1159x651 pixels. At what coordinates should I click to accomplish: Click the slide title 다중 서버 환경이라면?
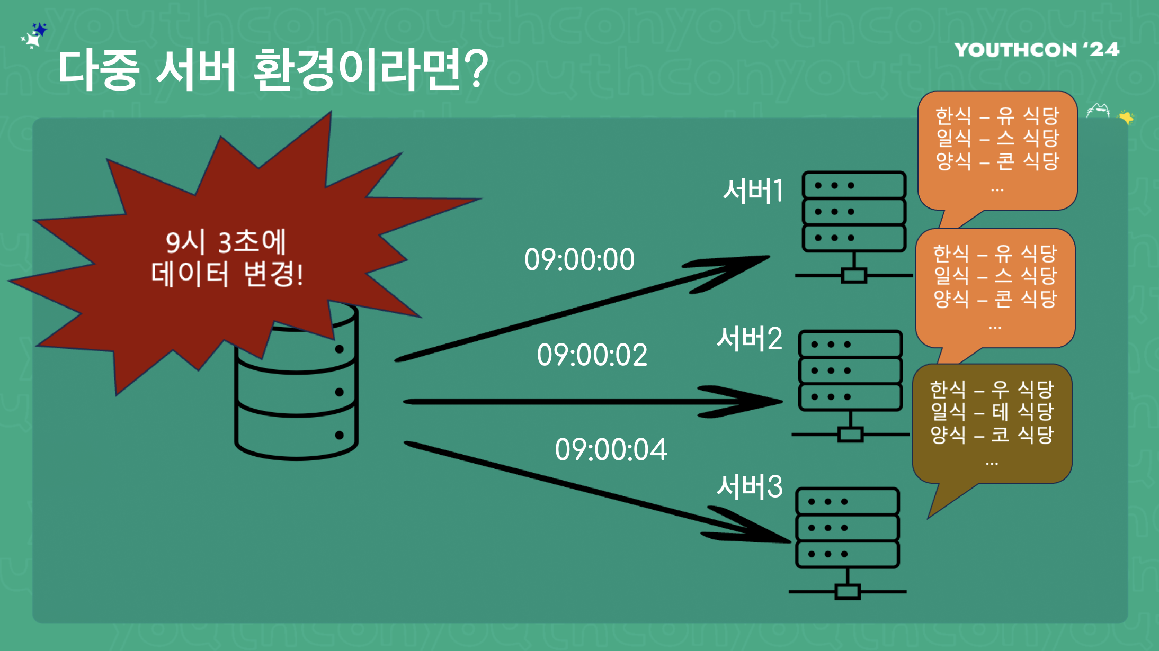click(x=272, y=70)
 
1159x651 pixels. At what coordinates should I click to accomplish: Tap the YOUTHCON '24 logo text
click(x=1037, y=50)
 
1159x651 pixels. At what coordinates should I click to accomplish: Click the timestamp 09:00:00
click(x=579, y=260)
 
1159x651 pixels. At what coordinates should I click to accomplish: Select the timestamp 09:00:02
click(x=592, y=355)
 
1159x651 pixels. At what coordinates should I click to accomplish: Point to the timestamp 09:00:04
click(x=611, y=450)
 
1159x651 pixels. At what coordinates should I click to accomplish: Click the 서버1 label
click(x=753, y=191)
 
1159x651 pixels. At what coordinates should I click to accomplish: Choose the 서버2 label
click(x=749, y=339)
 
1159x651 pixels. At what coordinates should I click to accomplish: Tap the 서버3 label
click(x=749, y=486)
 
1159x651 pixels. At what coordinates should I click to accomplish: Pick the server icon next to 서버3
click(x=847, y=542)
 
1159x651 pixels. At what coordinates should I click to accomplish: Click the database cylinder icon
click(x=297, y=392)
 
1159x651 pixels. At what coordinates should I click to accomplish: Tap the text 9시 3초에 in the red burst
click(x=226, y=242)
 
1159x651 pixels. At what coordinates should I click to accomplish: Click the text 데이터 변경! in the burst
click(x=227, y=274)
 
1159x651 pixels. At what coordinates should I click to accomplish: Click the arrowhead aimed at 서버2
click(x=752, y=402)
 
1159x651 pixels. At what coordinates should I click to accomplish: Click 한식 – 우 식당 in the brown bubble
click(x=992, y=390)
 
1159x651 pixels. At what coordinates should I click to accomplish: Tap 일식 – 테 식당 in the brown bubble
click(x=992, y=412)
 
